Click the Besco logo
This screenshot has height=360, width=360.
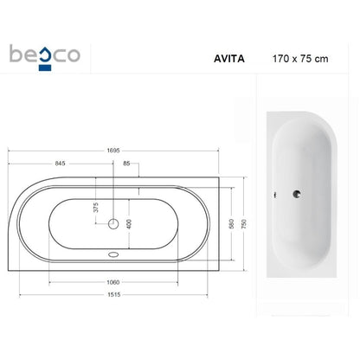coord(45,57)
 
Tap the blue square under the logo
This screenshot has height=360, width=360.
coord(45,67)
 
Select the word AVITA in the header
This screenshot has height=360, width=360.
coord(229,59)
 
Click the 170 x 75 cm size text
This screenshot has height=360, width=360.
coord(300,59)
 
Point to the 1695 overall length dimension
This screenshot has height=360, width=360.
coord(113,151)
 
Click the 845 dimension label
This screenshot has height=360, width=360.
coord(60,164)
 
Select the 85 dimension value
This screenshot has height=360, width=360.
coord(126,164)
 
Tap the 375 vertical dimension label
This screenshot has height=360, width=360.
coord(96,207)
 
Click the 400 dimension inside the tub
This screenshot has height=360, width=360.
coord(129,224)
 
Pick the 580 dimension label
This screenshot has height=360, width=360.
coord(231,224)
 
